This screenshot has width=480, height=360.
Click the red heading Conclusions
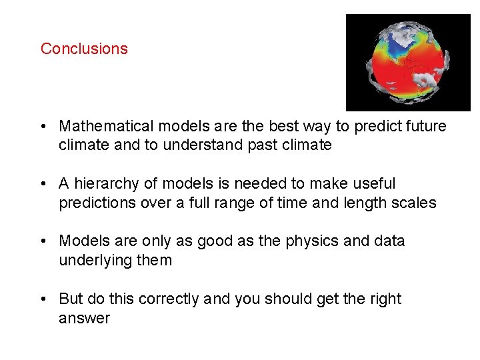pos(84,49)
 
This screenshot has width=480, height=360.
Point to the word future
pos(423,126)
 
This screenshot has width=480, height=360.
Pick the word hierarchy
pos(105,183)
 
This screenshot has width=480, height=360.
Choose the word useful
pos(371,183)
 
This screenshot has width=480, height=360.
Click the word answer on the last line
pos(84,318)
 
